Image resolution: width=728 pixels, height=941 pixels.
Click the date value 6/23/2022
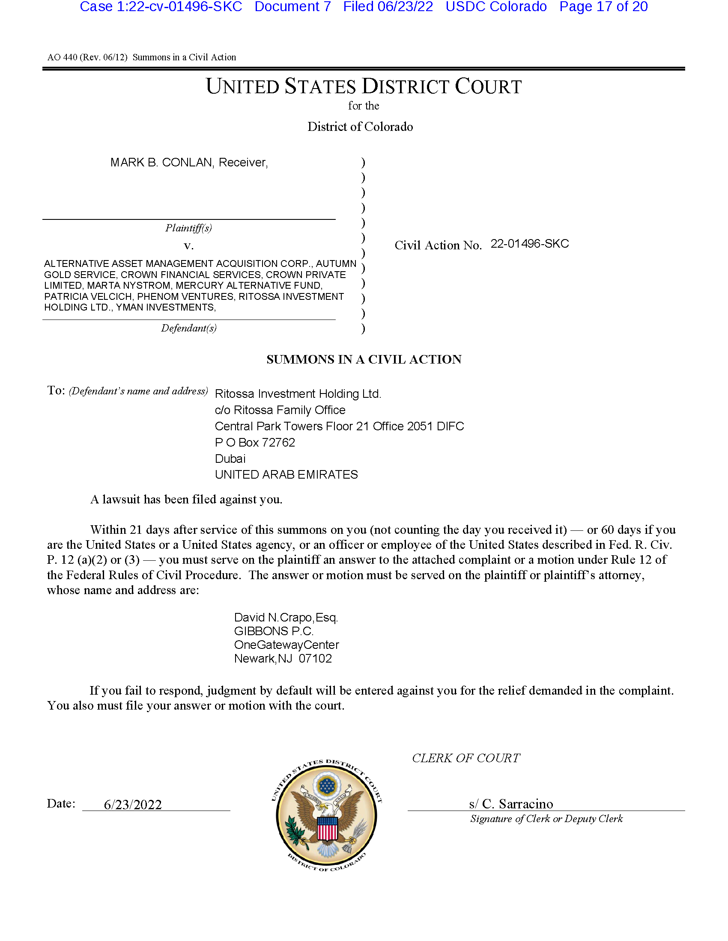click(132, 805)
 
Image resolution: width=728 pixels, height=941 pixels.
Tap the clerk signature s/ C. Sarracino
click(510, 804)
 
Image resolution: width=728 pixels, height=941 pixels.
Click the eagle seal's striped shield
click(327, 828)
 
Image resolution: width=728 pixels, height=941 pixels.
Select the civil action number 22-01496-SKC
click(530, 244)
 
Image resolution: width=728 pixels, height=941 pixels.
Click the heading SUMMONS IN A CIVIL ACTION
click(364, 359)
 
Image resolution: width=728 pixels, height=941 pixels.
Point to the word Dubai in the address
click(230, 459)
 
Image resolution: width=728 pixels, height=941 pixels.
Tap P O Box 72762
click(254, 443)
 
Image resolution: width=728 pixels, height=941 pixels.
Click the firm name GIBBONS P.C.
click(274, 631)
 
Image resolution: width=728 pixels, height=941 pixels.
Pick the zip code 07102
click(315, 658)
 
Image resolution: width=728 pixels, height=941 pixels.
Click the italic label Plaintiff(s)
click(188, 228)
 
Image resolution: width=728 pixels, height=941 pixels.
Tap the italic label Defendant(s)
click(188, 328)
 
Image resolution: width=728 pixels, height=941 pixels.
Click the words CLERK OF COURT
click(466, 758)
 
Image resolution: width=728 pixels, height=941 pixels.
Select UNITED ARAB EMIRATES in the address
click(286, 474)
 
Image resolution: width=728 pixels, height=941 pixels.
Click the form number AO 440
click(62, 57)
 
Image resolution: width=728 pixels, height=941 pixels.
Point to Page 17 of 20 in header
click(603, 7)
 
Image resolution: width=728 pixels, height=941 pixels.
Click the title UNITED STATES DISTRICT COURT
click(364, 86)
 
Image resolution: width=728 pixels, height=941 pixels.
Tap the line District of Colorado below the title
click(360, 127)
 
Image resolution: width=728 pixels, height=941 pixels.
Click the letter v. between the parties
click(188, 246)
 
